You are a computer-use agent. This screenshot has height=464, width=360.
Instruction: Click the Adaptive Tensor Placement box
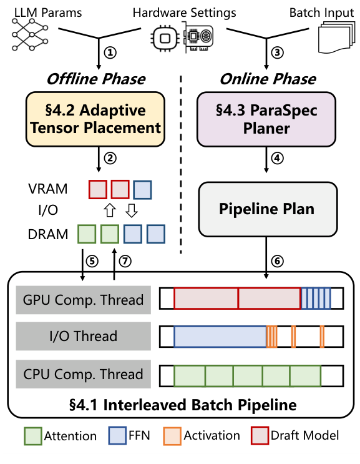coord(95,119)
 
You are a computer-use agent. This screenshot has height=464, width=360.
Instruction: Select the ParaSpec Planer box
coord(266,119)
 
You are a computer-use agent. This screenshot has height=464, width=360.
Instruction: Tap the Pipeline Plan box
coord(268,209)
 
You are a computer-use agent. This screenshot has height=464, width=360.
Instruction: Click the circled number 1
coord(110,52)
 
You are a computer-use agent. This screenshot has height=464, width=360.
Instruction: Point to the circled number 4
coord(277,158)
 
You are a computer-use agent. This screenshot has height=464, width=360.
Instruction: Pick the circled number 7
coord(125,261)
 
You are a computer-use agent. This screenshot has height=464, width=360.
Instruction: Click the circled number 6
coord(277,261)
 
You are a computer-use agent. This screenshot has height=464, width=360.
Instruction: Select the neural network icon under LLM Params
coord(30,34)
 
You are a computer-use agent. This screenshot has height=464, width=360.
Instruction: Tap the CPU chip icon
coord(165,38)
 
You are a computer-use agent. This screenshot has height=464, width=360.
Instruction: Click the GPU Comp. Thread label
coord(84,300)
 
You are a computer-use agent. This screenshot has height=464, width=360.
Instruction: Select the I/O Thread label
coord(84,336)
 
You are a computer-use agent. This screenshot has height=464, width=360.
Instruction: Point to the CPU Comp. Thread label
coord(84,374)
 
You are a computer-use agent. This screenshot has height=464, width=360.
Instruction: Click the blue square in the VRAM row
coord(142,190)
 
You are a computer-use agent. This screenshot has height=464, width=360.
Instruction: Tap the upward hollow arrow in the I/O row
coord(110,210)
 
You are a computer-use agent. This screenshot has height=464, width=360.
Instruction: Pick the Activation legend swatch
coord(172,436)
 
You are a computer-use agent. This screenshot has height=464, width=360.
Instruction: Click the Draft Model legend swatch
coord(260,436)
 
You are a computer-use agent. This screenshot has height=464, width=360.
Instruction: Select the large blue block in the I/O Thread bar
coord(220,337)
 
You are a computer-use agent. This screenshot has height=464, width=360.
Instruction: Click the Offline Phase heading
coord(96,79)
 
